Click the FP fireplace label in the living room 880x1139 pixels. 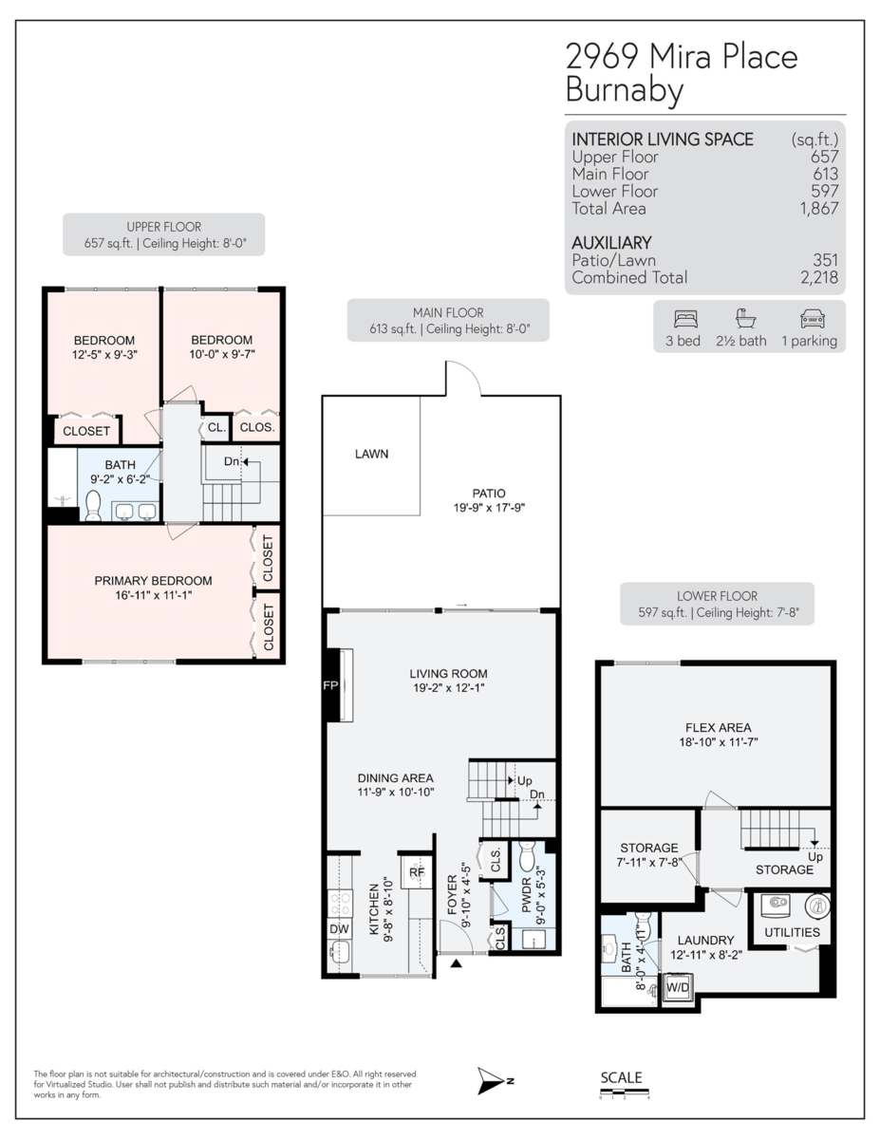pyautogui.click(x=331, y=686)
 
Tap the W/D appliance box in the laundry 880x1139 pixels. pyautogui.click(x=678, y=988)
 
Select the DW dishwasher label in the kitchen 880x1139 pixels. pyautogui.click(x=338, y=928)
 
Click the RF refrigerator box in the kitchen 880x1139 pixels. pyautogui.click(x=416, y=872)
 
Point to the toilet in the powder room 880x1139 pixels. pyautogui.click(x=529, y=857)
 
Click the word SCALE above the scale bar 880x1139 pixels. pyautogui.click(x=621, y=1077)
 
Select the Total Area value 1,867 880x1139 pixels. pyautogui.click(x=818, y=209)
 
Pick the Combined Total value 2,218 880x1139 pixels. pyautogui.click(x=818, y=278)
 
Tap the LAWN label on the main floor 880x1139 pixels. pyautogui.click(x=371, y=454)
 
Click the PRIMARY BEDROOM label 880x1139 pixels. pyautogui.click(x=153, y=581)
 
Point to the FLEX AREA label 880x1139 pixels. pyautogui.click(x=717, y=728)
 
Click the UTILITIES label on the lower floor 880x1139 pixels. pyautogui.click(x=792, y=932)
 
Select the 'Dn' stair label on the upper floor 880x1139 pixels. pyautogui.click(x=231, y=461)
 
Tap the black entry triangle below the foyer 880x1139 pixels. pyautogui.click(x=457, y=964)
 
